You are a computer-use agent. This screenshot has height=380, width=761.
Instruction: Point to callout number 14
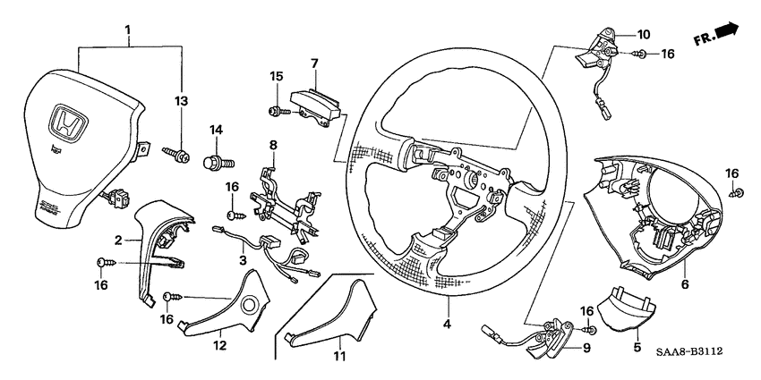(215, 131)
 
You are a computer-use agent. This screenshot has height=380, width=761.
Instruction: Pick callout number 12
(218, 344)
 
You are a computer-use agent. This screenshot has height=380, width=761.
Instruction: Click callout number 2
(117, 240)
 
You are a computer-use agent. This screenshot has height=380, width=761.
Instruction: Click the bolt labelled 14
(218, 163)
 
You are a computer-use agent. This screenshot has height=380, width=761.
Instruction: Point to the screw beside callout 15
(275, 110)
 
